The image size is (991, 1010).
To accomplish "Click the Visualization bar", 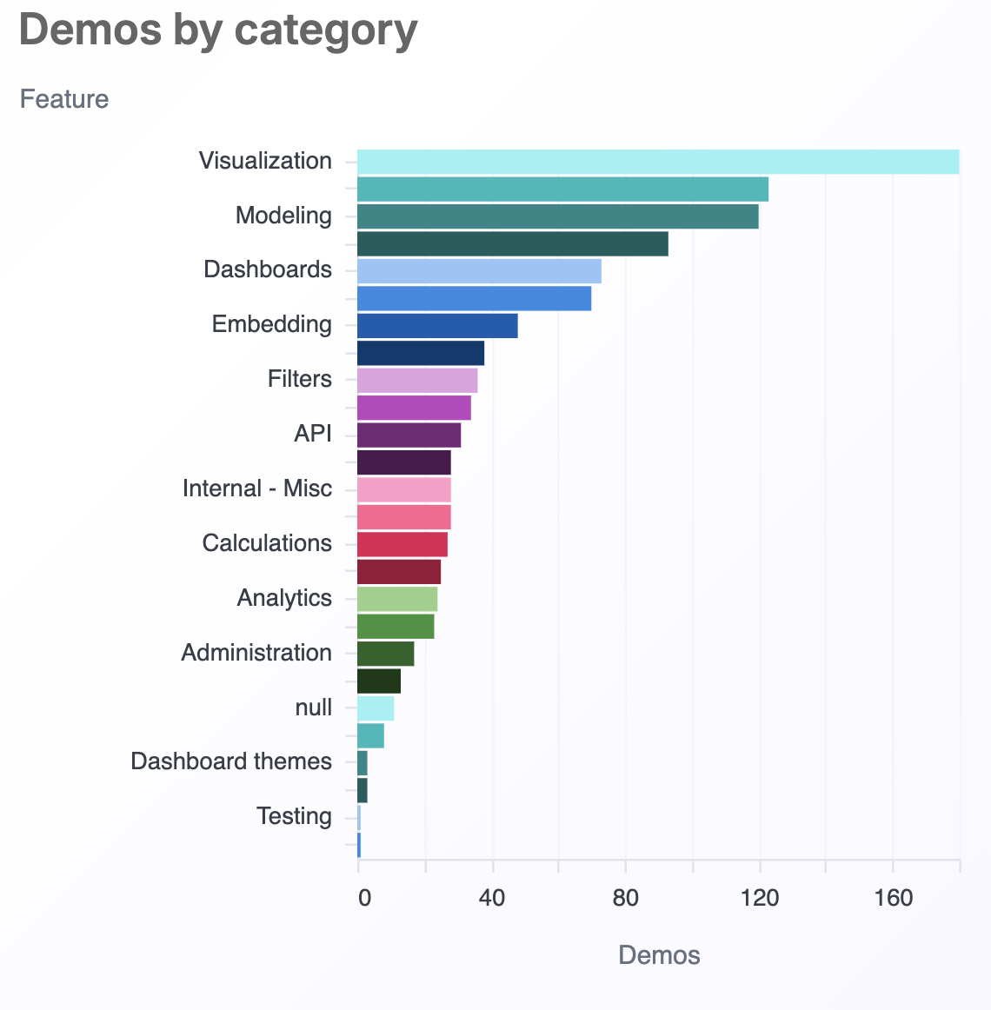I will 658,162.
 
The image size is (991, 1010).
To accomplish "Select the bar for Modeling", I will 558,216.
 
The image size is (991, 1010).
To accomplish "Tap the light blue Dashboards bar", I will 479,271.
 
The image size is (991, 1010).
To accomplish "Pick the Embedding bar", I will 437,326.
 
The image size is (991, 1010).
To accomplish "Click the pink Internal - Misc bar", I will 404,489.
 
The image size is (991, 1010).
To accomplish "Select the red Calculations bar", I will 402,544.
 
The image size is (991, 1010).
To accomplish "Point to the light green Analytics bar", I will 397,599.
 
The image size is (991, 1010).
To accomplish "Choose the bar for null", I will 376,708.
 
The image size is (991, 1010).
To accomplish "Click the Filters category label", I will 300,380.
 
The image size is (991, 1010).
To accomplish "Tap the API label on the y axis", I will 313,434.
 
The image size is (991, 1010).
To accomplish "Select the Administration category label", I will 256,653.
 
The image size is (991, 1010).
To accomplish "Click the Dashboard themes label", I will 231,762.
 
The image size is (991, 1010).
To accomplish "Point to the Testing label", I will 294,817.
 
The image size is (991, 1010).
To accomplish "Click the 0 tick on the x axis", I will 364,898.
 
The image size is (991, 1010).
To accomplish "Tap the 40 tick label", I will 492,898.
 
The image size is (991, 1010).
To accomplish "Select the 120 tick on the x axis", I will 760,898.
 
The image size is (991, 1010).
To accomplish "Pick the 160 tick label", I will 893,898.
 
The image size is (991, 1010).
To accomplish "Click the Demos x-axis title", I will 659,956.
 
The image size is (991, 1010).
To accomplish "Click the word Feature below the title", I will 64,99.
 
